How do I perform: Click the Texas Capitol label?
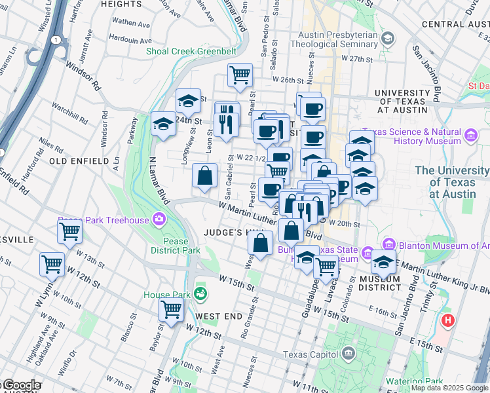311,354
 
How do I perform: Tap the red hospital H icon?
448,321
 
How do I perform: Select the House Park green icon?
200,294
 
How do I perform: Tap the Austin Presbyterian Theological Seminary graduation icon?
388,39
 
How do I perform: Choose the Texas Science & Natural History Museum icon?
470,136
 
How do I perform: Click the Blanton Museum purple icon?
388,245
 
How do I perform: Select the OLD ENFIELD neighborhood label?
79,160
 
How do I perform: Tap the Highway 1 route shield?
57,40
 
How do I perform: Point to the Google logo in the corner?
22,386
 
